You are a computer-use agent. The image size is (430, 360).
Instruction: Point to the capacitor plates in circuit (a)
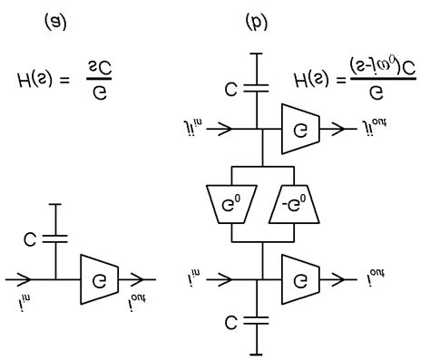point(56,239)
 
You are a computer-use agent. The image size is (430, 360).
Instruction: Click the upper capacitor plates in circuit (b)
point(259,89)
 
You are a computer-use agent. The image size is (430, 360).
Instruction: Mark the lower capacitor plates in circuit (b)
point(259,319)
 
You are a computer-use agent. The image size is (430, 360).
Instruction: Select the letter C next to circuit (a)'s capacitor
point(31,240)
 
